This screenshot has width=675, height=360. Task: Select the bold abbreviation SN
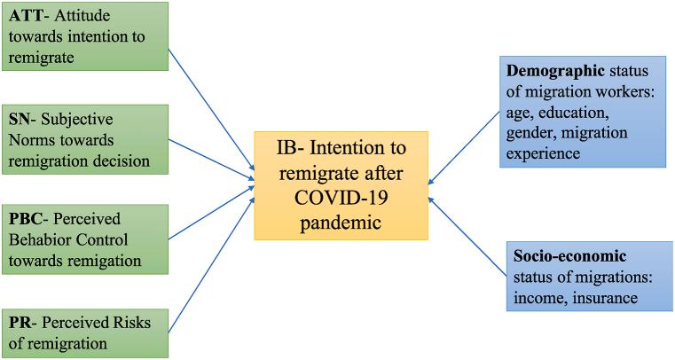20,119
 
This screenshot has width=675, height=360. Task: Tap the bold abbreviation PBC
27,219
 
